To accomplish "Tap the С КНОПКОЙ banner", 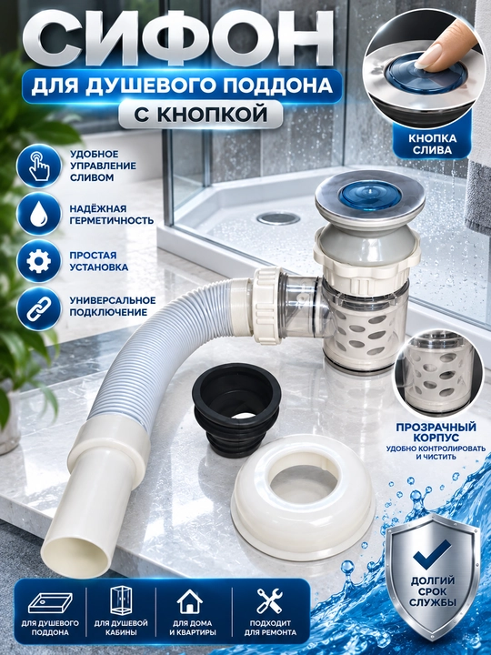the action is pyautogui.click(x=200, y=114).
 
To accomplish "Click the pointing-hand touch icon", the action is pyautogui.click(x=39, y=166).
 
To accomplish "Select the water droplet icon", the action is pyautogui.click(x=39, y=214).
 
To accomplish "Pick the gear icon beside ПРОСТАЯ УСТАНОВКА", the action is pyautogui.click(x=39, y=261).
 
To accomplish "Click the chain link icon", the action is pyautogui.click(x=39, y=308).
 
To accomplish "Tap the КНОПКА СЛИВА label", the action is pyautogui.click(x=433, y=144).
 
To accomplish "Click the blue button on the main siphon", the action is pyautogui.click(x=370, y=195).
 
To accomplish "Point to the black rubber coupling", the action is pyautogui.click(x=236, y=409).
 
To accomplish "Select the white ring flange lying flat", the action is pyautogui.click(x=303, y=497).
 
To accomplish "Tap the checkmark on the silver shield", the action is pyautogui.click(x=432, y=554).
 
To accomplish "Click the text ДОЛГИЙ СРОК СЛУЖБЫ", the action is pyautogui.click(x=433, y=591).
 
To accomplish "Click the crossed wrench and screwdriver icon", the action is pyautogui.click(x=270, y=600).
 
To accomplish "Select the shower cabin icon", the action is pyautogui.click(x=121, y=600).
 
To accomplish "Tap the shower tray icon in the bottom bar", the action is pyautogui.click(x=50, y=604).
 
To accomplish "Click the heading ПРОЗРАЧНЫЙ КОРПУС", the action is pyautogui.click(x=436, y=432).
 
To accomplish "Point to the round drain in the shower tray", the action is pyautogui.click(x=278, y=218).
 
